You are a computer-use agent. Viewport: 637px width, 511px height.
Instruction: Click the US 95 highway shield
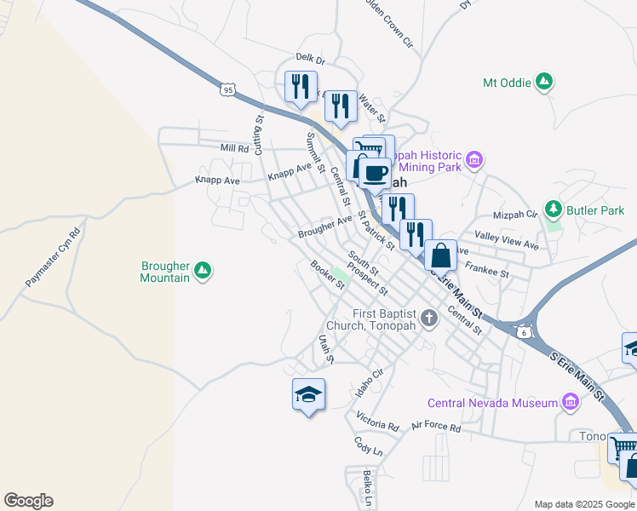coord(226,89)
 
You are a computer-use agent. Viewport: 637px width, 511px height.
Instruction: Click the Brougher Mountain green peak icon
coord(202,271)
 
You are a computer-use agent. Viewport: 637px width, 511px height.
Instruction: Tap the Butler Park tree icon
coord(554,209)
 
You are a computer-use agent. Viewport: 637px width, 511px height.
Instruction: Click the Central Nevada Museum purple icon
coord(569,402)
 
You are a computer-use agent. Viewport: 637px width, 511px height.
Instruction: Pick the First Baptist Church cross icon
coord(429,319)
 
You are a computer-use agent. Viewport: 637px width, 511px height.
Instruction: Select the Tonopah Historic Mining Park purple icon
coord(475,158)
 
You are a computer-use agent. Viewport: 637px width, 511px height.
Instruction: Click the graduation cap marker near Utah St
coord(308,394)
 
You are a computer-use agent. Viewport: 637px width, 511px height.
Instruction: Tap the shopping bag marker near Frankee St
coord(440,255)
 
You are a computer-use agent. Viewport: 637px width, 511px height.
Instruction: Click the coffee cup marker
coord(374,173)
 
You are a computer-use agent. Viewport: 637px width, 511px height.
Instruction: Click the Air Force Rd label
coord(435,427)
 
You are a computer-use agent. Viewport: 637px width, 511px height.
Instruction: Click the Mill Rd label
coord(233,148)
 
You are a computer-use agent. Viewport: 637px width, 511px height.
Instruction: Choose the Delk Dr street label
coord(310,58)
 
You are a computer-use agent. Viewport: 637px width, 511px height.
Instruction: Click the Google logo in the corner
coord(28,501)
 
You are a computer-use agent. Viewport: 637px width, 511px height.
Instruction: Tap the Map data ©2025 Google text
coord(584,504)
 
